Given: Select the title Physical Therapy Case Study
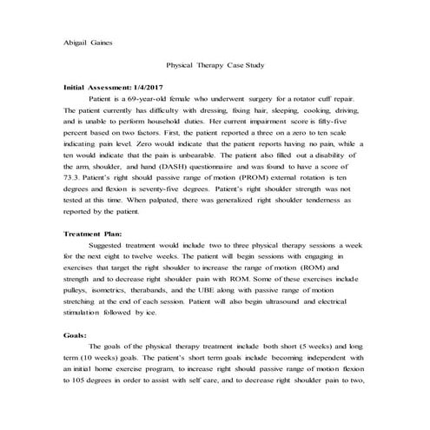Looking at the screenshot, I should pyautogui.click(x=214, y=66).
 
